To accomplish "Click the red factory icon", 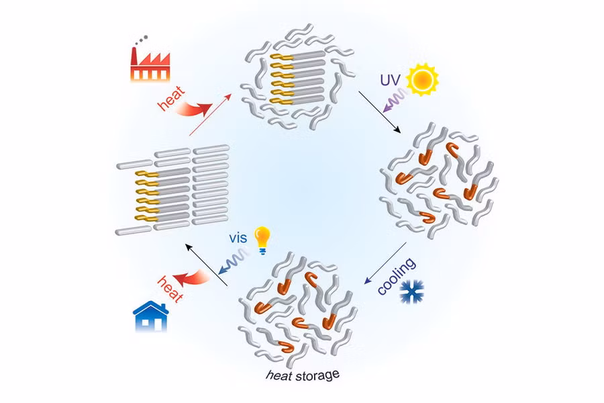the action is click(x=150, y=64).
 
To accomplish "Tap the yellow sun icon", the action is click(x=423, y=79).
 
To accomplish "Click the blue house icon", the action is click(x=150, y=316).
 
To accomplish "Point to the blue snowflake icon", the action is click(x=412, y=292).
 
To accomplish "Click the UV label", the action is click(x=391, y=80).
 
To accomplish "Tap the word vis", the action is click(x=238, y=238).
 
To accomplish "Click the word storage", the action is click(x=317, y=375).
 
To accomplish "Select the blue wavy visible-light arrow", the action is click(x=234, y=261).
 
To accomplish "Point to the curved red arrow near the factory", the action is click(x=194, y=108).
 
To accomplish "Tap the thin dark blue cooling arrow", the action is click(x=385, y=263).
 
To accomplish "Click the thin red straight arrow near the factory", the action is click(x=210, y=115).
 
